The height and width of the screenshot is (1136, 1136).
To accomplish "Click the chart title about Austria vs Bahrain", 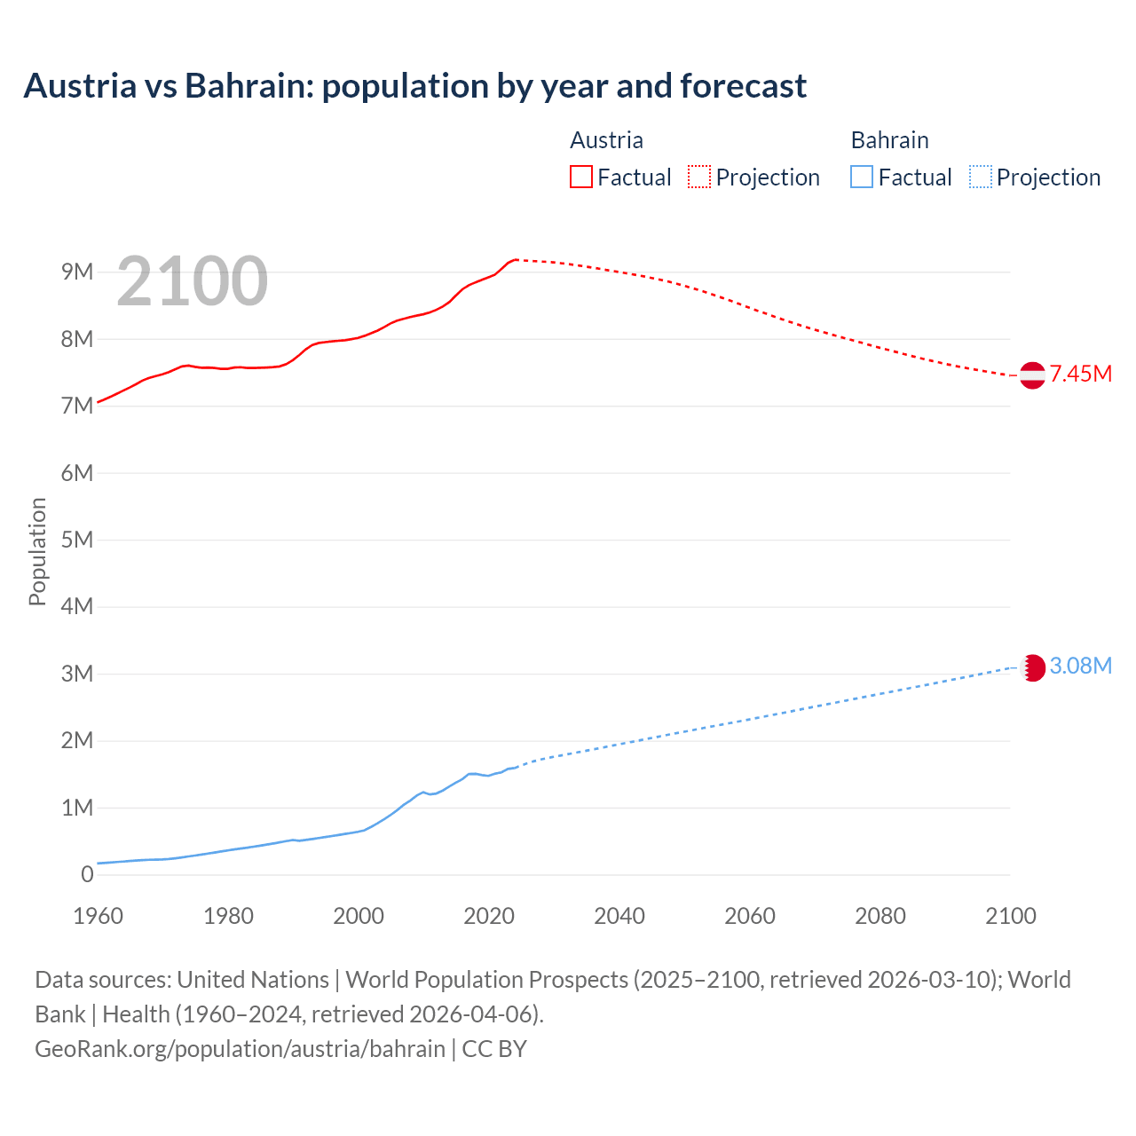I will [414, 86].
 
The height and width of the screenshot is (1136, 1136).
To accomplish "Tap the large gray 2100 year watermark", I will [192, 281].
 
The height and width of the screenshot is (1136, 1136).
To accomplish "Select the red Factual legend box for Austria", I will [580, 177].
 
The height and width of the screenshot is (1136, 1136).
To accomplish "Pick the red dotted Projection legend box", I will [699, 177].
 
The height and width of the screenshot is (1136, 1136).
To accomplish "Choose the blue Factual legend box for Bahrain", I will [862, 177].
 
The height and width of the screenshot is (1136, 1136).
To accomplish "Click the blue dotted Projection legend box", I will [980, 177].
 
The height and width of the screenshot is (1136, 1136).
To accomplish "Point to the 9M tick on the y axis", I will [77, 272].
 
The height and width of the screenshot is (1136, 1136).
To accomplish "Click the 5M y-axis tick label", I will [77, 540].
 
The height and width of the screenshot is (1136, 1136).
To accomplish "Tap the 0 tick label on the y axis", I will [87, 874].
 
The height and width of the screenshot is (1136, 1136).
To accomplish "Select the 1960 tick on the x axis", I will [98, 916].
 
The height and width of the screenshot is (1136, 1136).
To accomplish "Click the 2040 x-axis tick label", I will [619, 916].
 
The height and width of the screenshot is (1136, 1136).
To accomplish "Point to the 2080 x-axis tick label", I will [880, 916].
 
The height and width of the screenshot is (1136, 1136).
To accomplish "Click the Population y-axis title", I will [37, 551].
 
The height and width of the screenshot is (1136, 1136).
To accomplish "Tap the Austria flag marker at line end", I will [1032, 375].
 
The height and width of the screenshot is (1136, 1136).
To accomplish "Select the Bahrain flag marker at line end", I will [1032, 667].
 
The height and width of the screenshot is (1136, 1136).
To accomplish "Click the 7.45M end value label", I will [1081, 374].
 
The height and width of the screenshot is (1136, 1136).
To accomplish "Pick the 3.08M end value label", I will [1081, 666].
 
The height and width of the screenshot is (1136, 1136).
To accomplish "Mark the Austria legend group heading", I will [606, 140].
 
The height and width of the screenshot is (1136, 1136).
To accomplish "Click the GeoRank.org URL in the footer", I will [240, 1048].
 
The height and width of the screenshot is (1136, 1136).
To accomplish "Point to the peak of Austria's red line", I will [516, 259].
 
